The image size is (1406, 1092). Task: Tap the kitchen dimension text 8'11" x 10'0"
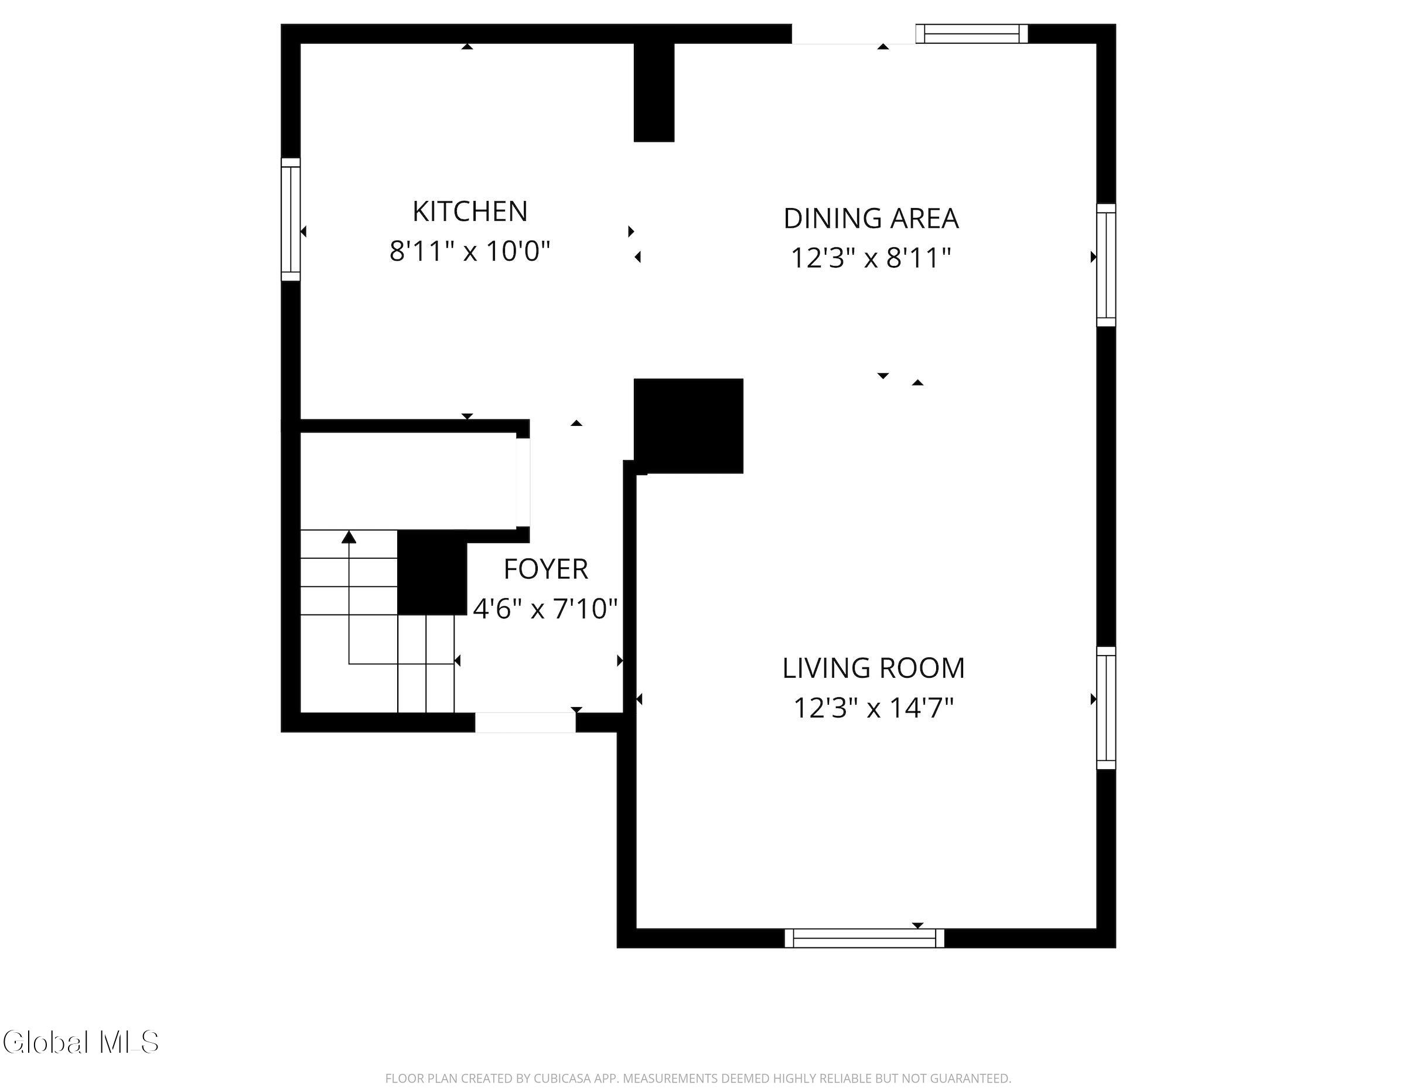coord(470,251)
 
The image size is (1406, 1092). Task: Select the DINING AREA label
coord(871,219)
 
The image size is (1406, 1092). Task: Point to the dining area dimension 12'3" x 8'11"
coord(871,258)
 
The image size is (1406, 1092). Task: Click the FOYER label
coord(546,569)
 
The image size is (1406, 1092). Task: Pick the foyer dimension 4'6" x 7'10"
coord(545,609)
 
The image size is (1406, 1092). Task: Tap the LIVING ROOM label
coord(873,668)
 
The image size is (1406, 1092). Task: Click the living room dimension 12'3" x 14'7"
coord(873,708)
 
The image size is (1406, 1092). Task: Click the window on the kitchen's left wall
coord(291,220)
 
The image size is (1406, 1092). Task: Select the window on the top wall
coord(971,33)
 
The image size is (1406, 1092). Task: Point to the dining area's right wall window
coord(1106,265)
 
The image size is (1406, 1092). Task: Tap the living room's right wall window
coord(1106,708)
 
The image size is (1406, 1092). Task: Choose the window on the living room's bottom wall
coord(865,938)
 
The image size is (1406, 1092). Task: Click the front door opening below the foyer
coord(525,722)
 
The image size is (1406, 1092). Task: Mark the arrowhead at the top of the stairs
coord(349,537)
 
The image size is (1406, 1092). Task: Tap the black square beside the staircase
coord(432,572)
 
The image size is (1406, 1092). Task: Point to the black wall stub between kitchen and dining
coord(654,92)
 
